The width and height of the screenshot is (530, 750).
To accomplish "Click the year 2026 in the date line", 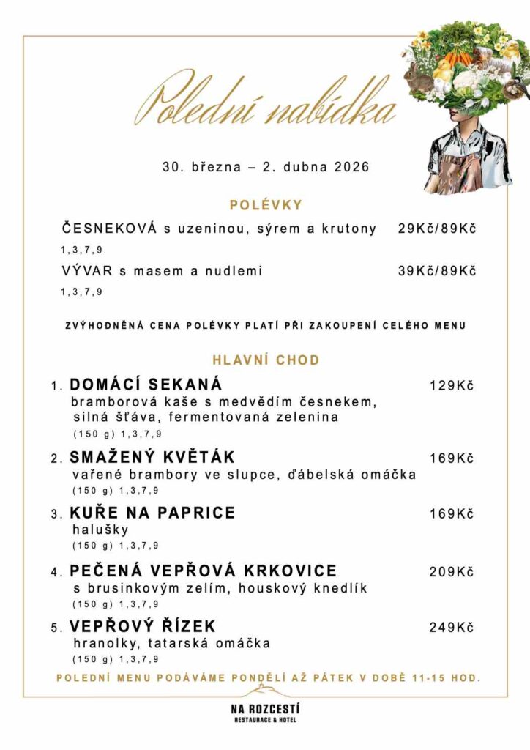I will click(351, 167).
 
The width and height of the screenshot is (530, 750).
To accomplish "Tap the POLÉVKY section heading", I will click(266, 205).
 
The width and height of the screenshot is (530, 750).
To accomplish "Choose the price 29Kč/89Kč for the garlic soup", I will click(437, 229).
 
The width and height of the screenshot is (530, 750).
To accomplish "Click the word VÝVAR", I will click(87, 271).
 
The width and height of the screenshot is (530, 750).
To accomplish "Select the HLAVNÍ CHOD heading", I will click(266, 360).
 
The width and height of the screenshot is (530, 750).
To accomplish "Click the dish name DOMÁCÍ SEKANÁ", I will click(146, 385).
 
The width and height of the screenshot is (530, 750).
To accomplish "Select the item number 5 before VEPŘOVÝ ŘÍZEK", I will click(55, 628).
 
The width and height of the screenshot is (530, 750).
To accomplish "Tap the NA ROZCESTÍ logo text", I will click(265, 709).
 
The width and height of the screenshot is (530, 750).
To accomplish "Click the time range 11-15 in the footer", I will click(430, 678).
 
